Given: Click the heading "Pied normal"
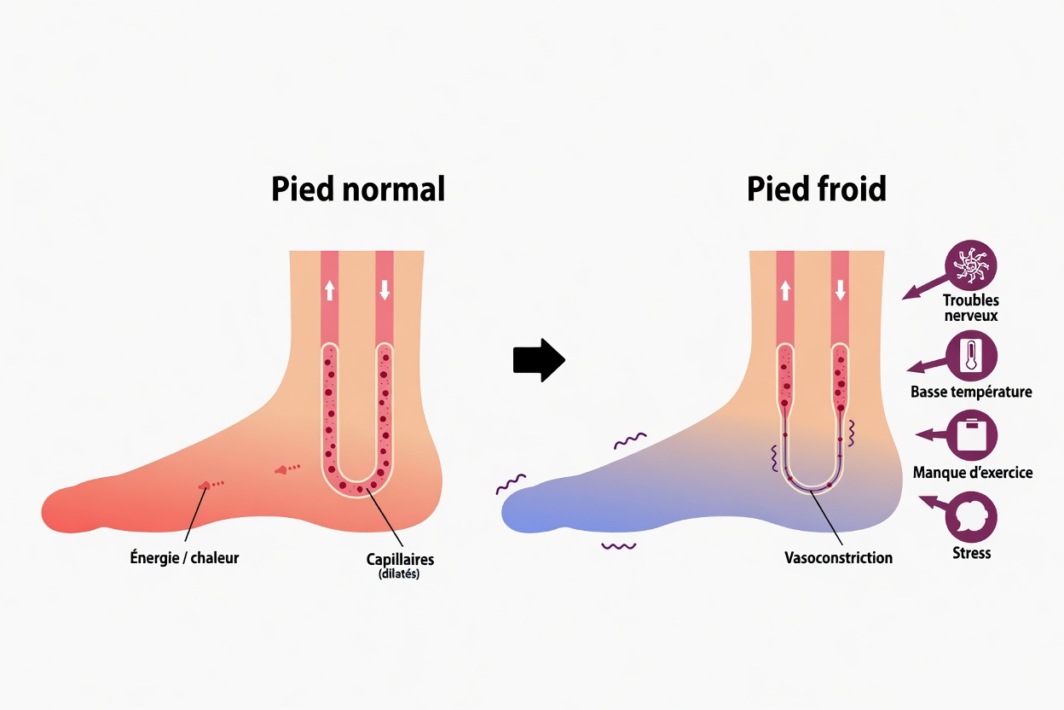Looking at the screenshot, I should coord(358,189).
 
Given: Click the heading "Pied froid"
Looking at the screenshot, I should coord(816,189).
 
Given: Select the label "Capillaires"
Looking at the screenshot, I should coord(400,559).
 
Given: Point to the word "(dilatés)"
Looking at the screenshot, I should coord(400,574).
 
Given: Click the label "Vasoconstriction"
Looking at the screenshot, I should coord(838,557).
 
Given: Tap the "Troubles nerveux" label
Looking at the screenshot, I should coord(971,307).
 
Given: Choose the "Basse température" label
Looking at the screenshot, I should coord(971,392).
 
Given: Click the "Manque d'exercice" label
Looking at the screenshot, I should coord(972,472).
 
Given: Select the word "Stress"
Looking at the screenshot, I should coord(971,552).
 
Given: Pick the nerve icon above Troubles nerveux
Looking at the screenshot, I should coord(971,265).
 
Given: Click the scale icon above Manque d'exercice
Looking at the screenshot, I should coord(971,435).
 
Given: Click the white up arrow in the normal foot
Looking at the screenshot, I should coord(330,290).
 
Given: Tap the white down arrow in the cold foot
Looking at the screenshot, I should coord(840,290).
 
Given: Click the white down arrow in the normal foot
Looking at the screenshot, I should coord(385,290).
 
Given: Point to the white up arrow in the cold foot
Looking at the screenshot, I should coord(785,290).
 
